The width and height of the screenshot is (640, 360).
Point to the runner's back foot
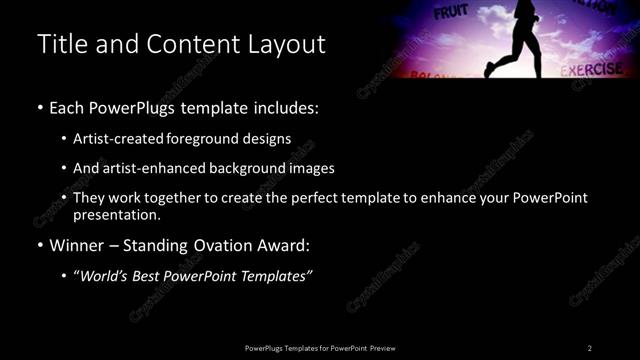[489, 70]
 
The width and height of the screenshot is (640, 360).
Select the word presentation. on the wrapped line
[117, 215]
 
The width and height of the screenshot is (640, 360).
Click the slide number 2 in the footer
[590, 348]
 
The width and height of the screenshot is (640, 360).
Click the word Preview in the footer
[388, 348]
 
